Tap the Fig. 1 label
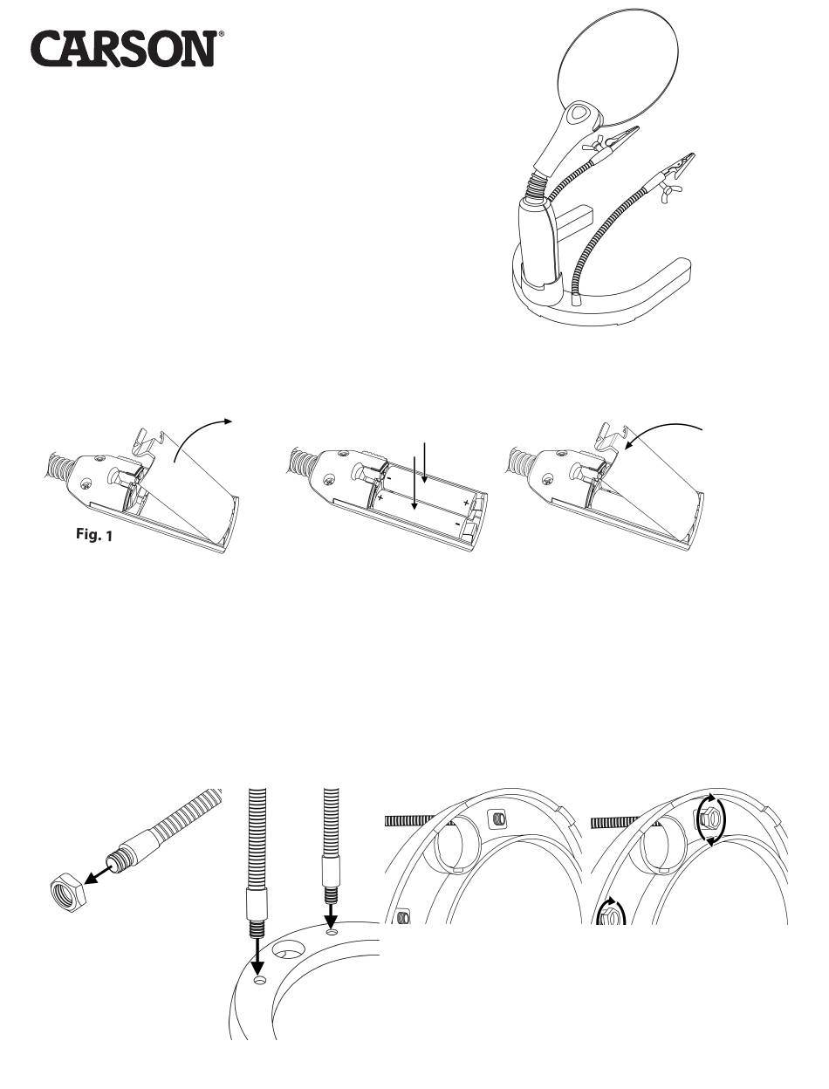tap(93, 534)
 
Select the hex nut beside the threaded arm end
tap(69, 894)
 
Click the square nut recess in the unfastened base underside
tap(497, 818)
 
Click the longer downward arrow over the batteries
tap(414, 483)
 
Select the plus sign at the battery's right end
tap(465, 503)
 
